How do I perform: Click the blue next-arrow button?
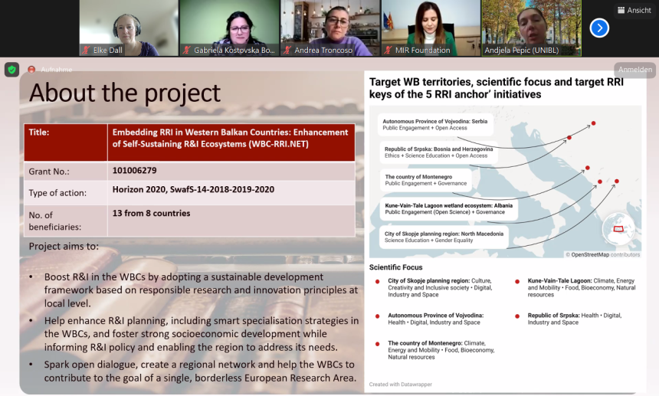599,28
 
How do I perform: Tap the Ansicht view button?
634,10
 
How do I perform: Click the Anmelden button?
635,69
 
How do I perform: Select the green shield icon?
11,69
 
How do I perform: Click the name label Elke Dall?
107,51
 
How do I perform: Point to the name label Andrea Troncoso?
323,51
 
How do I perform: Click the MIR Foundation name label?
422,51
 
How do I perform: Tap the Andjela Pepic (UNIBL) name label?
522,51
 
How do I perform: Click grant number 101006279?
135,171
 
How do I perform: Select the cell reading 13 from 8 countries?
151,214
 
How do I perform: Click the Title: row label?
39,133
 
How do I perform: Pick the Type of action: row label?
57,193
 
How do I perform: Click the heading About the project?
125,93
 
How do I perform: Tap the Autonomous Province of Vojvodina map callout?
435,125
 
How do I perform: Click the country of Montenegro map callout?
426,180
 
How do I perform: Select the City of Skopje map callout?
444,237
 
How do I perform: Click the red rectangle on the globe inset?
618,229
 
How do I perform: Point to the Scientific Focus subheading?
396,267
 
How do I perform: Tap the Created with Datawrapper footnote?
401,385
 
